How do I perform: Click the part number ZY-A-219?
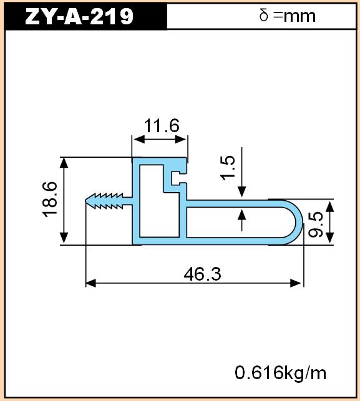79,16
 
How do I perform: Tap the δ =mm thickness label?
288,16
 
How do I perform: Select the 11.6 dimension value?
162,126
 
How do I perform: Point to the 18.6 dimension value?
50,200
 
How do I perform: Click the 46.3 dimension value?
202,274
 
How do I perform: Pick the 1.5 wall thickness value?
228,168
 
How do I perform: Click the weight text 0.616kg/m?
280,373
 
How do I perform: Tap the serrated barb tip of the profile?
86,201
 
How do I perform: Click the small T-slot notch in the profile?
177,178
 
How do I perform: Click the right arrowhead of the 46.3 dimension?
296,283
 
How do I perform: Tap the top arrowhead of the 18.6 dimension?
64,163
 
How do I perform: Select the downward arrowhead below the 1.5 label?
242,192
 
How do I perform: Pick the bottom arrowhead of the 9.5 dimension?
330,237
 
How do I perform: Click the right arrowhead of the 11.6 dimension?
180,140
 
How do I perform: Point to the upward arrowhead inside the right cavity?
242,215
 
